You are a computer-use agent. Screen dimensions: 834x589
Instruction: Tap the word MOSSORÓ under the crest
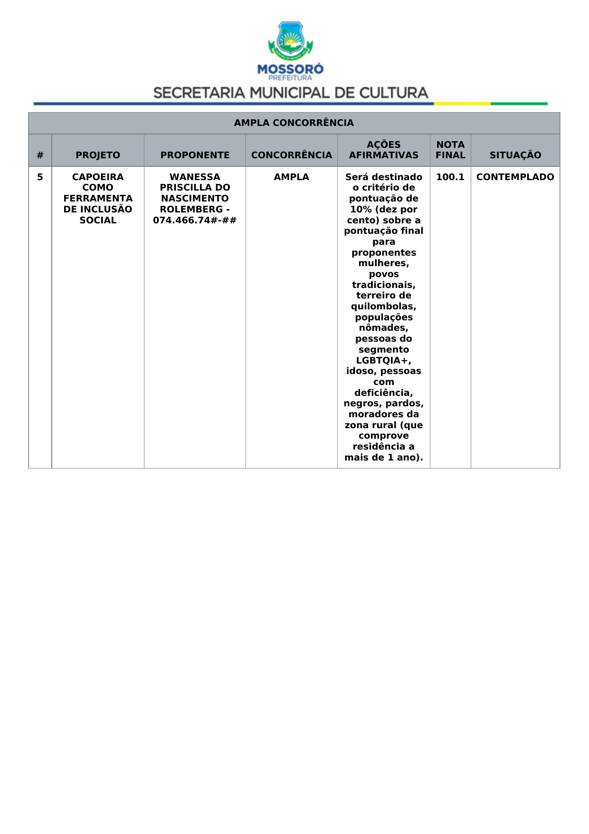(x=290, y=69)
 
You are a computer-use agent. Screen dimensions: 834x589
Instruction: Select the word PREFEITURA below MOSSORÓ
(x=290, y=78)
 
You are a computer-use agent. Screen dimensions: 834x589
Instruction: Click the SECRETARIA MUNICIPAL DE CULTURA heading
(x=291, y=93)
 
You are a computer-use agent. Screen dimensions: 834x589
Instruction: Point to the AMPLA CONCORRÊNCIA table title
(x=294, y=123)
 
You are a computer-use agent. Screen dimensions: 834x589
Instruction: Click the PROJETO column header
(x=98, y=155)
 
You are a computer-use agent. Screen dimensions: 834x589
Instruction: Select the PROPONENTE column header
(x=195, y=155)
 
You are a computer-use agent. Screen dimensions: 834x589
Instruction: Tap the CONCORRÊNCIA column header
(x=291, y=155)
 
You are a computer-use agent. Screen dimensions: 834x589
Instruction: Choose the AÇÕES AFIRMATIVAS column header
(x=383, y=150)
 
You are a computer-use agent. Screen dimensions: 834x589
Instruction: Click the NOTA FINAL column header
(x=450, y=150)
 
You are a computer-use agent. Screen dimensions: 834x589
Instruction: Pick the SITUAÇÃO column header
(x=515, y=155)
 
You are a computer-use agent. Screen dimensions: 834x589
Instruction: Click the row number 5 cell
(x=40, y=177)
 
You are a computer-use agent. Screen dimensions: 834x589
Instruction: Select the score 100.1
(x=450, y=177)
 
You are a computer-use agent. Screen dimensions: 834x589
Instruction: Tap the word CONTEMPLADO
(x=515, y=177)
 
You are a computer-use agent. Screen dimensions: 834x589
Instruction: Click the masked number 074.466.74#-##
(x=195, y=220)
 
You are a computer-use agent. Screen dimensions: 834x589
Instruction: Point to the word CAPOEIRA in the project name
(x=98, y=177)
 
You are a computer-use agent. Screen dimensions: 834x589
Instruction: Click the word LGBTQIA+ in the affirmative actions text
(x=383, y=360)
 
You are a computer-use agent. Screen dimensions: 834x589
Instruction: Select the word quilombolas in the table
(x=383, y=307)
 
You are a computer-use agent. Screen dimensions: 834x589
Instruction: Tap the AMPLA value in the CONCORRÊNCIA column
(x=291, y=177)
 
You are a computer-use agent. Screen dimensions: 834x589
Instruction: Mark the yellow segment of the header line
(x=462, y=103)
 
